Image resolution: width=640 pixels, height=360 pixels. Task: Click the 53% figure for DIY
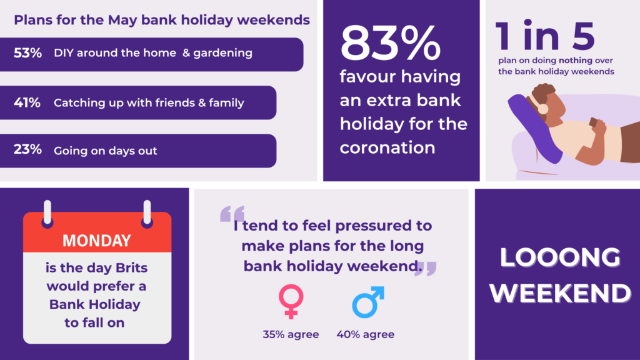[27, 53]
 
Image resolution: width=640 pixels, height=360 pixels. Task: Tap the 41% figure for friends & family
[27, 102]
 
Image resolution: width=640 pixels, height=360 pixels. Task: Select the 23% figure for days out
[27, 150]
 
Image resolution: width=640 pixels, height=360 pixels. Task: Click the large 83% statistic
[390, 43]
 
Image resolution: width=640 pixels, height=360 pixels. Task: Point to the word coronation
[387, 147]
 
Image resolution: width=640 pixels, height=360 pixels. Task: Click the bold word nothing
[576, 61]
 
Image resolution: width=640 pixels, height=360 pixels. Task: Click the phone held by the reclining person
[594, 122]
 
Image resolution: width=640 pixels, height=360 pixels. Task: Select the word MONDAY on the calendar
[97, 241]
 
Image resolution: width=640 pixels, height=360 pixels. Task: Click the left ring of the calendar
[47, 214]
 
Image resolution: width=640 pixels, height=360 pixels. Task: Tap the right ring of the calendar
[147, 214]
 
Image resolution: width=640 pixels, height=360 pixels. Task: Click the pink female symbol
[291, 301]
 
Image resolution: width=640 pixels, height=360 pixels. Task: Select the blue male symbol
[368, 302]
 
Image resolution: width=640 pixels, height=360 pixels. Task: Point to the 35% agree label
[291, 335]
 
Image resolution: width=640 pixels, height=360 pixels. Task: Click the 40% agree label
[365, 335]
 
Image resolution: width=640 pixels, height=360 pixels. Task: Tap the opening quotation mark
[232, 214]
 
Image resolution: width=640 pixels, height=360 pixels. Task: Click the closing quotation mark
[426, 269]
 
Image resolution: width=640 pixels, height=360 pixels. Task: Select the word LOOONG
[561, 257]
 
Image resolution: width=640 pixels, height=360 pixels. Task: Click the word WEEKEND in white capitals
[561, 293]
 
